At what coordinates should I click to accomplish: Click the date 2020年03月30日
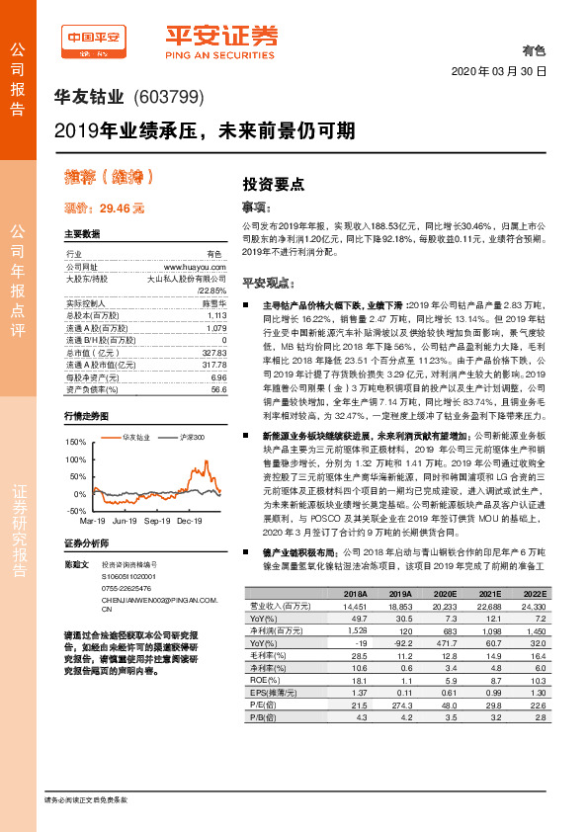tap(499, 72)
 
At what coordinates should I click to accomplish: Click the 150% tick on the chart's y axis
tap(74, 442)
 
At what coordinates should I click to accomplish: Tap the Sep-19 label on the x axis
tap(158, 520)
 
